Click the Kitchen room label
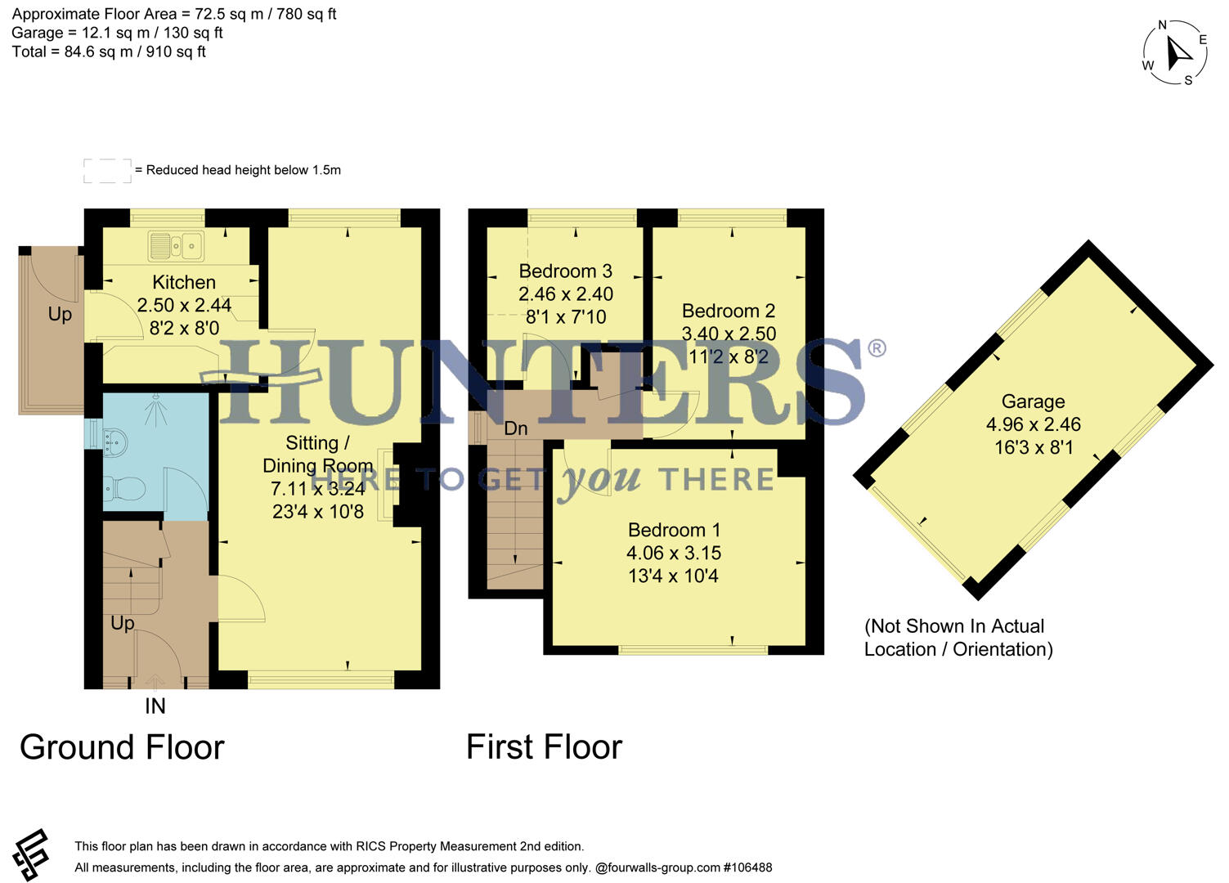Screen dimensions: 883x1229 (184, 282)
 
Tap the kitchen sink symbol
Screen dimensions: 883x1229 (176, 244)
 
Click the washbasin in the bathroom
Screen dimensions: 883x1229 (113, 441)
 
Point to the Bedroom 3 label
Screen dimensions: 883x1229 (565, 271)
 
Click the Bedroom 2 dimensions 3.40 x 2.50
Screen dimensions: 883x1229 (729, 334)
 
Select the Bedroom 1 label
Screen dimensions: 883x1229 (674, 530)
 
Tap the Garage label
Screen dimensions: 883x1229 (1033, 401)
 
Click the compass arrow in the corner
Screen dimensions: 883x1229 (1178, 53)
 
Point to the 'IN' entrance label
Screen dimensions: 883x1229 (155, 706)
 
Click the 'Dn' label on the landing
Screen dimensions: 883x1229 (515, 428)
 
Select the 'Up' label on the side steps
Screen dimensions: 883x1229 (60, 315)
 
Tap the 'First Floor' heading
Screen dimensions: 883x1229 (544, 747)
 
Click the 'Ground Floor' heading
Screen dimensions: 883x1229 (122, 747)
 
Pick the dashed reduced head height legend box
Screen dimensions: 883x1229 (107, 170)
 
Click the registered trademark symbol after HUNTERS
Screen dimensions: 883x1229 (876, 349)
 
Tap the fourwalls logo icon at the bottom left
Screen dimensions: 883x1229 (31, 855)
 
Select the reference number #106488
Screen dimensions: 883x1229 (747, 867)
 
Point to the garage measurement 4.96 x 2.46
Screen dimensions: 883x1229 (1033, 424)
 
